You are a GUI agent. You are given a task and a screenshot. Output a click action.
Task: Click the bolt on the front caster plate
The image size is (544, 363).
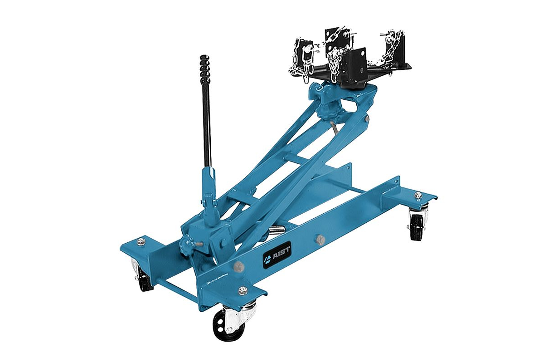coord(242,290)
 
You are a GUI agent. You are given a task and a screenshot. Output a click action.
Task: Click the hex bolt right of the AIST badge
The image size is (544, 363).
coord(320,240)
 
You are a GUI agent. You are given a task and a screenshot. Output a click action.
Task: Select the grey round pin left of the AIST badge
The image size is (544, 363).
coord(238,266)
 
